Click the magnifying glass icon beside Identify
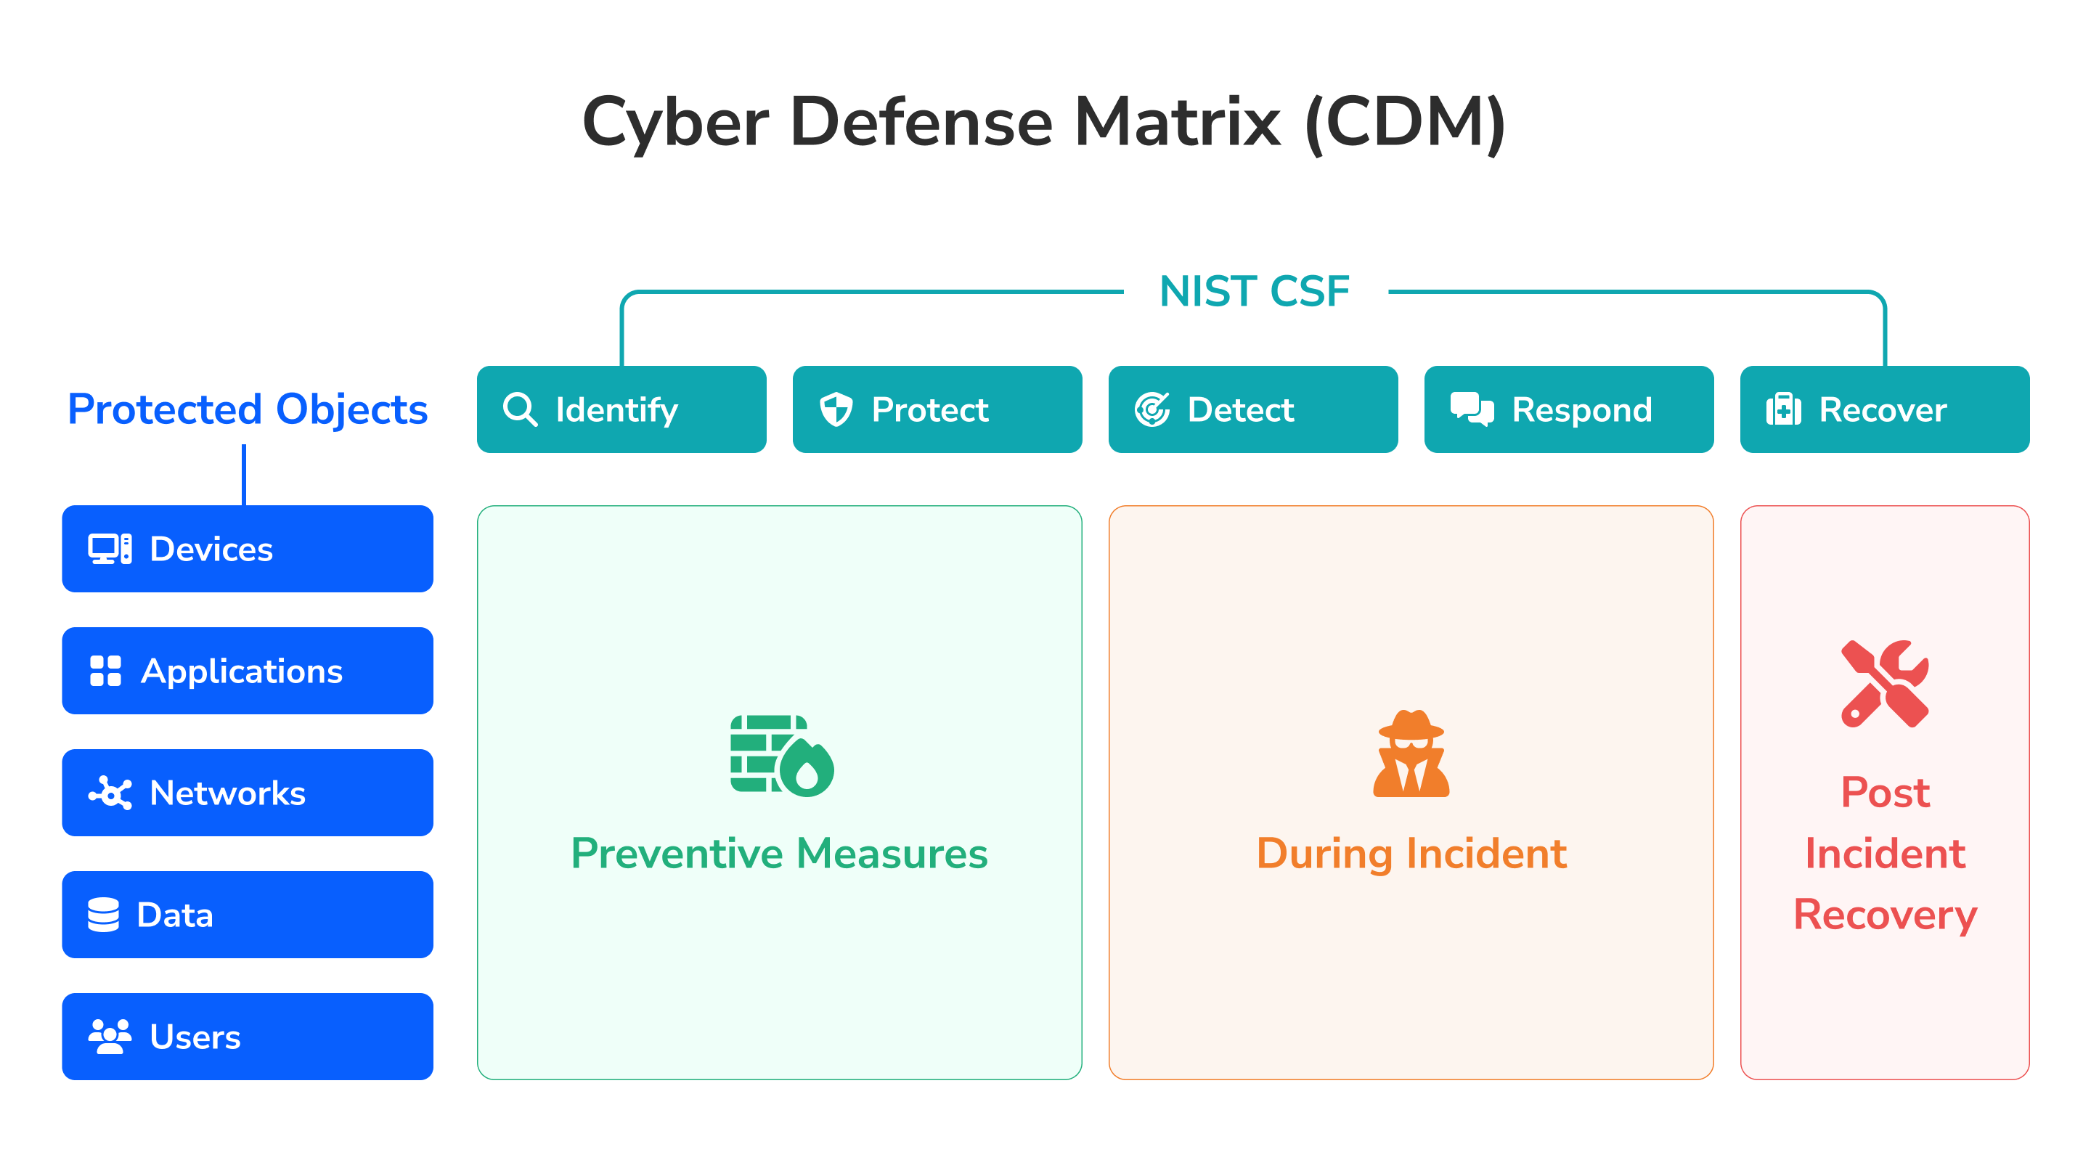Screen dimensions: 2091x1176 pyautogui.click(x=520, y=409)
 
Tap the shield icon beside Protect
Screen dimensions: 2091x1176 pyautogui.click(x=836, y=409)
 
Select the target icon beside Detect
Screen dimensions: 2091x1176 pyautogui.click(x=1152, y=409)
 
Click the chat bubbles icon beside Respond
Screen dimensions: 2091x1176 pyautogui.click(x=1472, y=409)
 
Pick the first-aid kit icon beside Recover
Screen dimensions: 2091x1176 pyautogui.click(x=1783, y=409)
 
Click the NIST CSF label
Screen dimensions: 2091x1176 pyautogui.click(x=1255, y=291)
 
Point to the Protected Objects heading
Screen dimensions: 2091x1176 pyautogui.click(x=248, y=409)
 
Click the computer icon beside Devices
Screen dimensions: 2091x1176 pyautogui.click(x=110, y=549)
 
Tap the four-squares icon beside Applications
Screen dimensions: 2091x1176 pyautogui.click(x=105, y=671)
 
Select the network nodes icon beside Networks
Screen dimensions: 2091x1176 pyautogui.click(x=110, y=793)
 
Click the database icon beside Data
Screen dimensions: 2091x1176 pyautogui.click(x=103, y=915)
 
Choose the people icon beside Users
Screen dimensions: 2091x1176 pyautogui.click(x=110, y=1037)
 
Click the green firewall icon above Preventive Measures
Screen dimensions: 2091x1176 pyautogui.click(x=782, y=756)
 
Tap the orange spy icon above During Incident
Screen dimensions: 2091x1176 pyautogui.click(x=1411, y=754)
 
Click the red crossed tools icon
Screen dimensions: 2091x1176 pyautogui.click(x=1885, y=683)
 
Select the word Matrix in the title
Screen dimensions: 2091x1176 pyautogui.click(x=1177, y=122)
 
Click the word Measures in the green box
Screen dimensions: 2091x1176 pyautogui.click(x=892, y=853)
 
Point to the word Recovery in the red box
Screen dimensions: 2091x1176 pyautogui.click(x=1885, y=915)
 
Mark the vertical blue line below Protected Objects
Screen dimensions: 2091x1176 pyautogui.click(x=243, y=475)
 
